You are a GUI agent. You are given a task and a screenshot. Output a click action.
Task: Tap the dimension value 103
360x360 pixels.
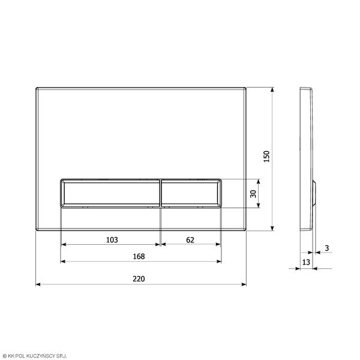tap(112, 240)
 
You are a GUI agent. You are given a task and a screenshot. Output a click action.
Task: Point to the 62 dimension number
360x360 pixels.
tap(190, 240)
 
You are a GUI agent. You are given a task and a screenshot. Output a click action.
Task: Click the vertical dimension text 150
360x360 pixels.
tap(268, 156)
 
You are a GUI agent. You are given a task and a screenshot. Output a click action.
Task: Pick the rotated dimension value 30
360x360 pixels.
tap(253, 193)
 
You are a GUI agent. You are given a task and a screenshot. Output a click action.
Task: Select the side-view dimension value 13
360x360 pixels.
tap(305, 262)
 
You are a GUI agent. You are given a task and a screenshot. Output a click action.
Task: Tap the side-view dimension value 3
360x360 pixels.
tap(326, 248)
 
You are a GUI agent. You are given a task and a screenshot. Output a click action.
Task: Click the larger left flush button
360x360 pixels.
tap(111, 193)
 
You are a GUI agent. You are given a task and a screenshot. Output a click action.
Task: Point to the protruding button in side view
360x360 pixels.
tap(313, 193)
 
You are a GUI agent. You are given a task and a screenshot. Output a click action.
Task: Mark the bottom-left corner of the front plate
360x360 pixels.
tap(37, 230)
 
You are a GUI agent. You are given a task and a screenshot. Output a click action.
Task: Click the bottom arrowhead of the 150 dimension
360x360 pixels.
tap(273, 228)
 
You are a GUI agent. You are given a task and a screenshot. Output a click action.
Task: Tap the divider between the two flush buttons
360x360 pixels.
tap(160, 193)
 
